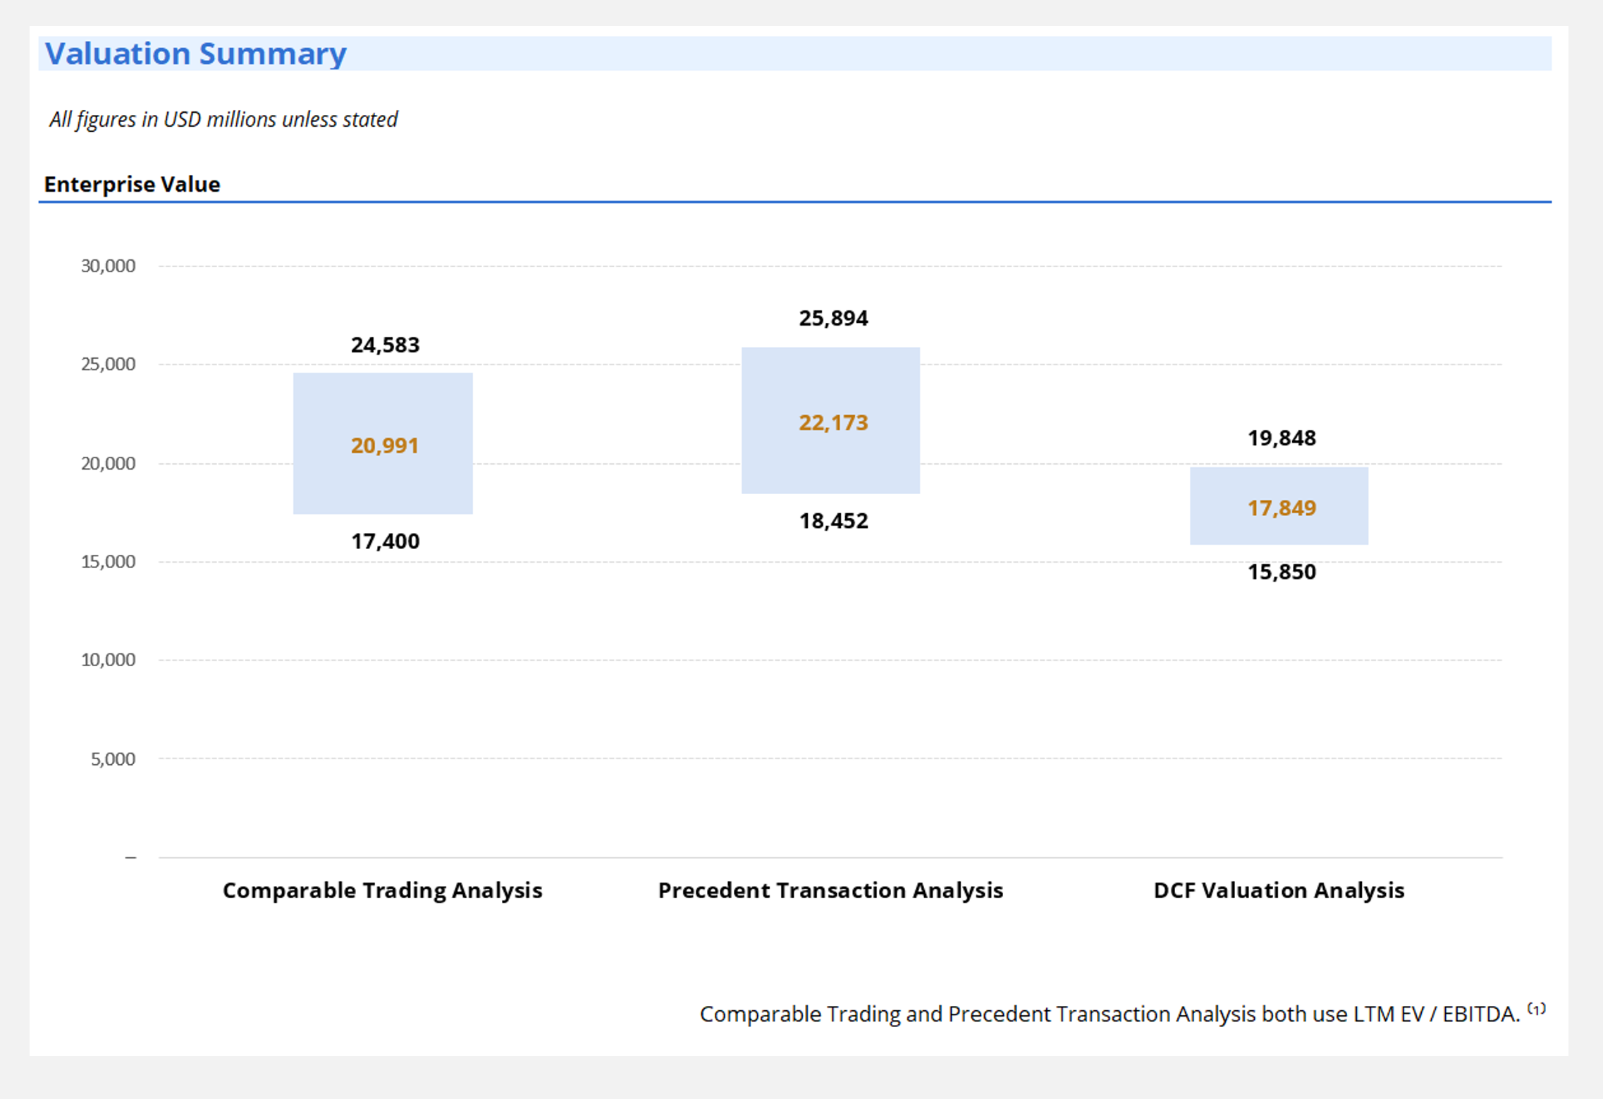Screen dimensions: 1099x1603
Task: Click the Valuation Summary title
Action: (x=195, y=54)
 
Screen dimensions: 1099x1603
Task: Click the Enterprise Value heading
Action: (x=132, y=185)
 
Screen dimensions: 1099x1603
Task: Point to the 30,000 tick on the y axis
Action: (x=108, y=266)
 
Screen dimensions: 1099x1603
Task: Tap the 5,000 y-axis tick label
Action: (x=113, y=759)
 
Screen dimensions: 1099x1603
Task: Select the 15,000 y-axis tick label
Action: (x=108, y=562)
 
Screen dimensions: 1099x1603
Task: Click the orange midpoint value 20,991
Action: (x=385, y=446)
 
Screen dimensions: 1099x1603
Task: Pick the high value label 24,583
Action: (x=385, y=345)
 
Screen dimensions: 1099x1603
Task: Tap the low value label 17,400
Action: (x=385, y=541)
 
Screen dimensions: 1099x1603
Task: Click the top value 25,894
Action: (x=833, y=319)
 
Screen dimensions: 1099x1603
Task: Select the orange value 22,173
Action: (x=833, y=423)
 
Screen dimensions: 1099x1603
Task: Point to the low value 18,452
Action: (x=833, y=521)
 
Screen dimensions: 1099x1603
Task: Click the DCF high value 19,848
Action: (x=1282, y=438)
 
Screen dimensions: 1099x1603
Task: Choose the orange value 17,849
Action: (x=1282, y=508)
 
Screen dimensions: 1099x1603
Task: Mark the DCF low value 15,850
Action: (x=1282, y=572)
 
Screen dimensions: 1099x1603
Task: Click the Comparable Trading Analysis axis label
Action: (x=382, y=890)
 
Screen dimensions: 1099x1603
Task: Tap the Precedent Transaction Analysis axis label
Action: (x=830, y=890)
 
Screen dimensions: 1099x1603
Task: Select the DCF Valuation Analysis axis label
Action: (x=1279, y=890)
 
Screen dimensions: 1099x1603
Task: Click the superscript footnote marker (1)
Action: (x=1537, y=1009)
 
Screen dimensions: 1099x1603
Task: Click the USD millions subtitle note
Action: (x=223, y=119)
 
